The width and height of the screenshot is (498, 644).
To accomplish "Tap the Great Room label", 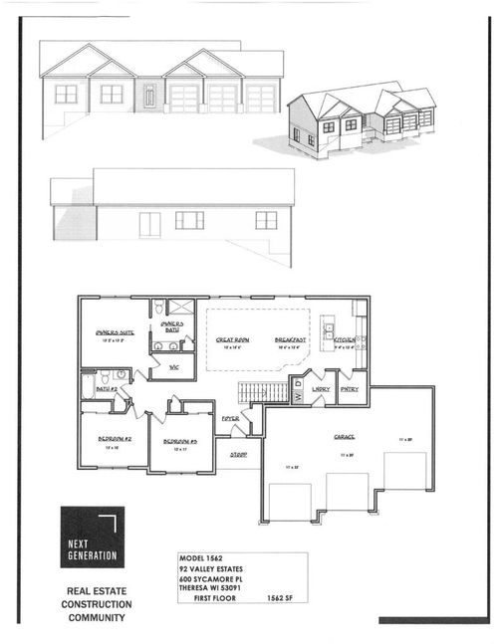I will (x=233, y=340).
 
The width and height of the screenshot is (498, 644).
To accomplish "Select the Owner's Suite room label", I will (x=115, y=332).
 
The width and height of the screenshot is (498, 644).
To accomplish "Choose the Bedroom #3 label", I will (x=181, y=441).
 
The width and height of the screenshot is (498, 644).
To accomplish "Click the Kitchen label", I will (x=345, y=340).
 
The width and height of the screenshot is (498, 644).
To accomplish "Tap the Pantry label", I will (x=350, y=389).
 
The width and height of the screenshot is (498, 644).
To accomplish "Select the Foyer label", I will (x=230, y=419).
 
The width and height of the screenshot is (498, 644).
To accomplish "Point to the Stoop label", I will (x=238, y=455).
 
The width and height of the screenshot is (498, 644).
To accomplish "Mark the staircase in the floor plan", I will (x=263, y=391).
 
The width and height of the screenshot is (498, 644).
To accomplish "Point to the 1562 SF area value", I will (x=284, y=598).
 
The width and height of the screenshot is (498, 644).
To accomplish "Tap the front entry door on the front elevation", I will (x=148, y=96).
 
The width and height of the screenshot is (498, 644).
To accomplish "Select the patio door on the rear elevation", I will (x=149, y=223).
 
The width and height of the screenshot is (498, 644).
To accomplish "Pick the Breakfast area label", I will (x=291, y=340).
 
